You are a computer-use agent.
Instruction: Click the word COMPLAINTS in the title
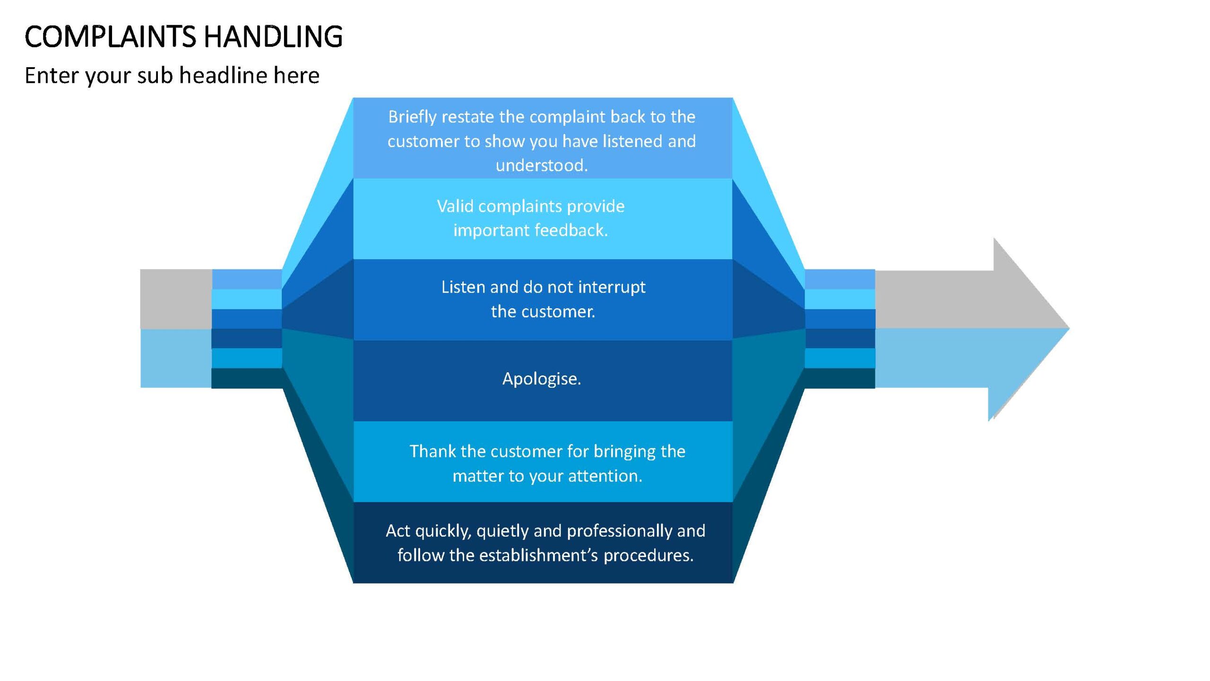[x=110, y=36]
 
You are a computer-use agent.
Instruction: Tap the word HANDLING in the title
[x=273, y=36]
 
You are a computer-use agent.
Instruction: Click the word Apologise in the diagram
[x=542, y=379]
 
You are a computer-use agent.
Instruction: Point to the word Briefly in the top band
[x=413, y=117]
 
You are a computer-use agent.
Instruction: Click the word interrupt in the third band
[x=612, y=288]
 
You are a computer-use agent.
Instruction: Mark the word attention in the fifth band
[x=605, y=476]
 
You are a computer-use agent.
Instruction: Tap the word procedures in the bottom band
[x=648, y=556]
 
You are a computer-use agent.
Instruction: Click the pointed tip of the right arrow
[x=1069, y=328]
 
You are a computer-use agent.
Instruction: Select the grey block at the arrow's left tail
[x=176, y=299]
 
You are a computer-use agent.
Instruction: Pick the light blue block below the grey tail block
[x=176, y=358]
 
